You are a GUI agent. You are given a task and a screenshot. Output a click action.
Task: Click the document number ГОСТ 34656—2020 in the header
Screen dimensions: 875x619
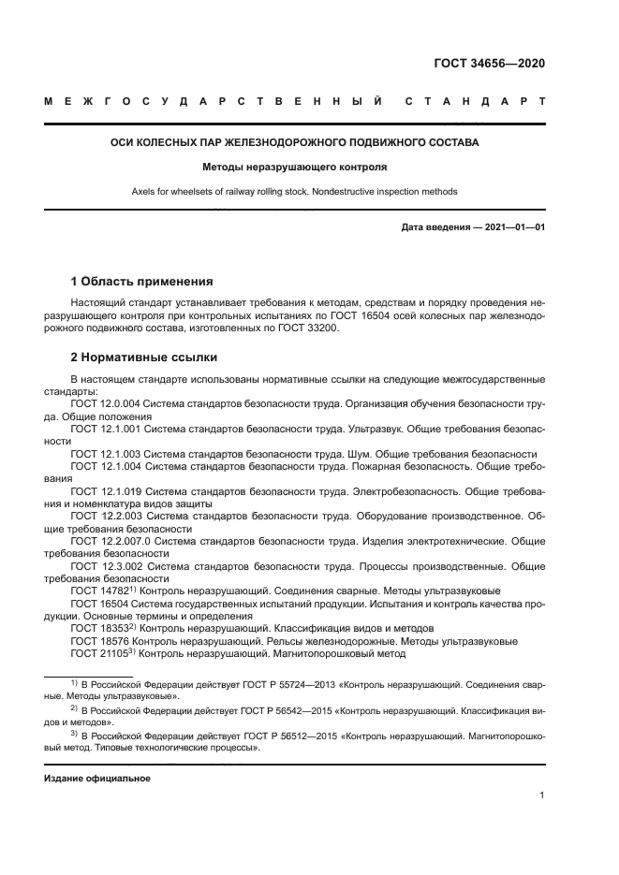pyautogui.click(x=489, y=64)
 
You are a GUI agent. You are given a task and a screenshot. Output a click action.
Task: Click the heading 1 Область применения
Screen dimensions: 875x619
pyautogui.click(x=142, y=281)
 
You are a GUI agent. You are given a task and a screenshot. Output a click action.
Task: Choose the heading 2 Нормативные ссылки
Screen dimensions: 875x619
pyautogui.click(x=140, y=357)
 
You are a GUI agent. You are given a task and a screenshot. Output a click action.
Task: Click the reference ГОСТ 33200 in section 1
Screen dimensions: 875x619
pyautogui.click(x=310, y=328)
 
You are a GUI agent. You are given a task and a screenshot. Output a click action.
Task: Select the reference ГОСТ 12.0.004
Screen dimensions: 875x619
pyautogui.click(x=107, y=402)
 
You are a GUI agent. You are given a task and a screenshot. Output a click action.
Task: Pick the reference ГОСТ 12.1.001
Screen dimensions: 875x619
pyautogui.click(x=107, y=428)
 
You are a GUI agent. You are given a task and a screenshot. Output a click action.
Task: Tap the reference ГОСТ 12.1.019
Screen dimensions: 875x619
pyautogui.click(x=107, y=490)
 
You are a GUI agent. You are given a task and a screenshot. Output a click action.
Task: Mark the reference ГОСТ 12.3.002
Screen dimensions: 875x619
pyautogui.click(x=107, y=566)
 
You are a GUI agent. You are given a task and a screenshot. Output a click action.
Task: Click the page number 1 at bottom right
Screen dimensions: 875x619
pyautogui.click(x=542, y=795)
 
